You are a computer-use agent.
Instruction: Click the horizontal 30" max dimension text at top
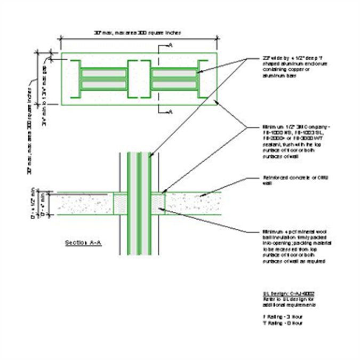(137, 33)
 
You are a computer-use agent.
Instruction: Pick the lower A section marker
(170, 112)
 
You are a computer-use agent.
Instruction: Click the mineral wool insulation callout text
(291, 246)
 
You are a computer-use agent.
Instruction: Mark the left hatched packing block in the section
(121, 204)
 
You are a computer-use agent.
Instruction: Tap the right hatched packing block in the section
(158, 204)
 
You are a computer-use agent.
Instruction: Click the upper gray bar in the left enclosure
(104, 73)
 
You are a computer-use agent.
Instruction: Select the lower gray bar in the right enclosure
(173, 84)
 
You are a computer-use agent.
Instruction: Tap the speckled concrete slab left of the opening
(85, 204)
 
